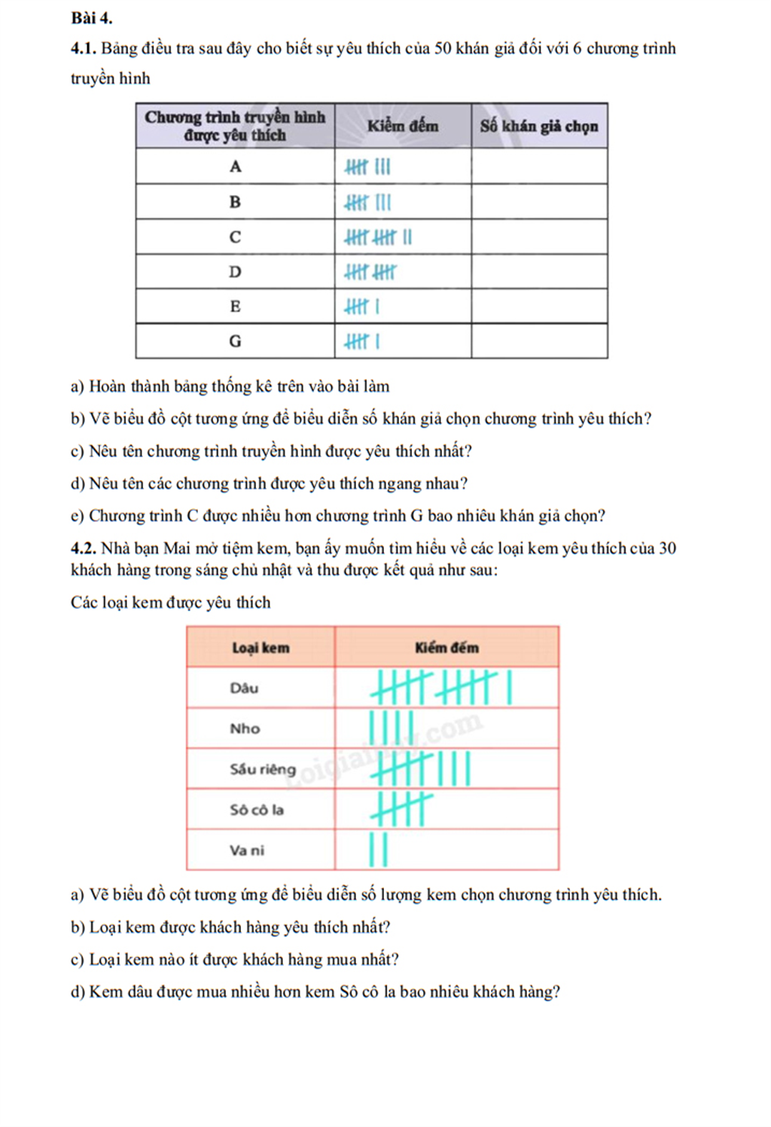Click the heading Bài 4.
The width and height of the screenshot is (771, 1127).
pyautogui.click(x=92, y=17)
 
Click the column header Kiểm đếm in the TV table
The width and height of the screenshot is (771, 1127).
pyautogui.click(x=402, y=126)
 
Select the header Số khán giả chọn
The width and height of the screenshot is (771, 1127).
pyautogui.click(x=539, y=126)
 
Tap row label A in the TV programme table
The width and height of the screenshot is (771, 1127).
pyautogui.click(x=235, y=166)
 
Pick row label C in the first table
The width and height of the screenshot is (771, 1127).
pyautogui.click(x=235, y=237)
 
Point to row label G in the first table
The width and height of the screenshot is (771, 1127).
pyautogui.click(x=235, y=341)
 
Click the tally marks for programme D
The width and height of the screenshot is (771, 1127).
pyautogui.click(x=370, y=272)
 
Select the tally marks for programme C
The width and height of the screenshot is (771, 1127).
pyautogui.click(x=378, y=237)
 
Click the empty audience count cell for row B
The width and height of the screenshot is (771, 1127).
pyautogui.click(x=539, y=202)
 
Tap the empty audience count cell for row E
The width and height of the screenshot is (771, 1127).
pyautogui.click(x=539, y=307)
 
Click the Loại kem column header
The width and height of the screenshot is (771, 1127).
pyautogui.click(x=261, y=648)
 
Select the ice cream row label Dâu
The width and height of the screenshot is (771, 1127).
pyautogui.click(x=244, y=688)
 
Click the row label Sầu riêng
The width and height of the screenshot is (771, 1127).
pyautogui.click(x=263, y=769)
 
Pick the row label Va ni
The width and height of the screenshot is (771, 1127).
pyautogui.click(x=247, y=851)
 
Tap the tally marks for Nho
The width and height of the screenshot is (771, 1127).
pyautogui.click(x=391, y=728)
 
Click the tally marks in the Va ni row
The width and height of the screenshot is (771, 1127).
pyautogui.click(x=379, y=850)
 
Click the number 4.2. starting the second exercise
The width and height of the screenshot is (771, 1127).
pyautogui.click(x=84, y=548)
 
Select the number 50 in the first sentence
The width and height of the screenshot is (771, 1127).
pyautogui.click(x=443, y=49)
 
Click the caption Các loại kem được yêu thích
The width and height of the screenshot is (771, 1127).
pyautogui.click(x=170, y=603)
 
